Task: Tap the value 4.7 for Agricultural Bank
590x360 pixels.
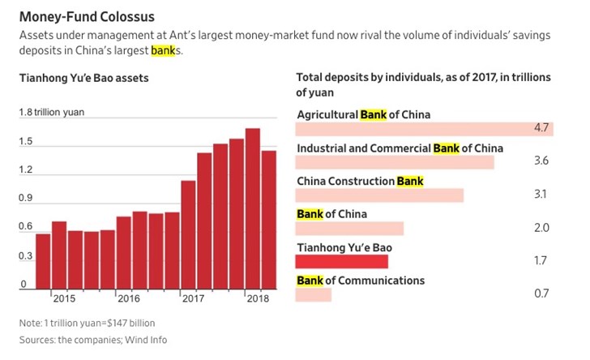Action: (542, 128)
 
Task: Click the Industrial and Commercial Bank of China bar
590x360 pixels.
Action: (395, 162)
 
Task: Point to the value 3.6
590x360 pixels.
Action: (541, 161)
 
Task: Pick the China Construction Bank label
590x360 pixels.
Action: (360, 181)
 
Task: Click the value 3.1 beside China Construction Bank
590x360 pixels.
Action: (541, 195)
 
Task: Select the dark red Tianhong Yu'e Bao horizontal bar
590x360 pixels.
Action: (342, 261)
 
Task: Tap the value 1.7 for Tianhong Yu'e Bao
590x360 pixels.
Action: (541, 261)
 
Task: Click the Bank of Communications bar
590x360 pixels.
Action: (314, 294)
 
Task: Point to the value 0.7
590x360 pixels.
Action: (541, 294)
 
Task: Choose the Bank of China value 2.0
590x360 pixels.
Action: (541, 228)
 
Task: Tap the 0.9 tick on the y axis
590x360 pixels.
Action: (27, 198)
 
